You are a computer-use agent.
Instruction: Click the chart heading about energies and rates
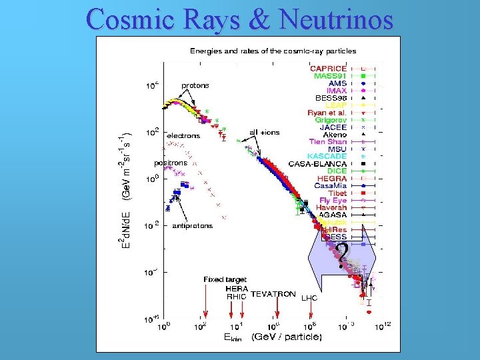273,51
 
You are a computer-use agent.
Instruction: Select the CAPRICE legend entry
328,68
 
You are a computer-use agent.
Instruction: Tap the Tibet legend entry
337,193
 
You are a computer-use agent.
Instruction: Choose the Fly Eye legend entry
333,200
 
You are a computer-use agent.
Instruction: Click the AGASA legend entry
331,215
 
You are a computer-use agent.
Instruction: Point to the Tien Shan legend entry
327,141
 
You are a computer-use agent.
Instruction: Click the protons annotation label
195,85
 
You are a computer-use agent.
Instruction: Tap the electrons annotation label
183,135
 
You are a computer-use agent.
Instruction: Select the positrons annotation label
171,163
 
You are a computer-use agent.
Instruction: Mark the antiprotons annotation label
193,226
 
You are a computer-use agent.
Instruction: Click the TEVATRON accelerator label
273,294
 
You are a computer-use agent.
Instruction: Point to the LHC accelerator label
309,298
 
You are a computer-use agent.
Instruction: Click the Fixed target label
225,279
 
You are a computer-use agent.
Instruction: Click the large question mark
341,254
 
